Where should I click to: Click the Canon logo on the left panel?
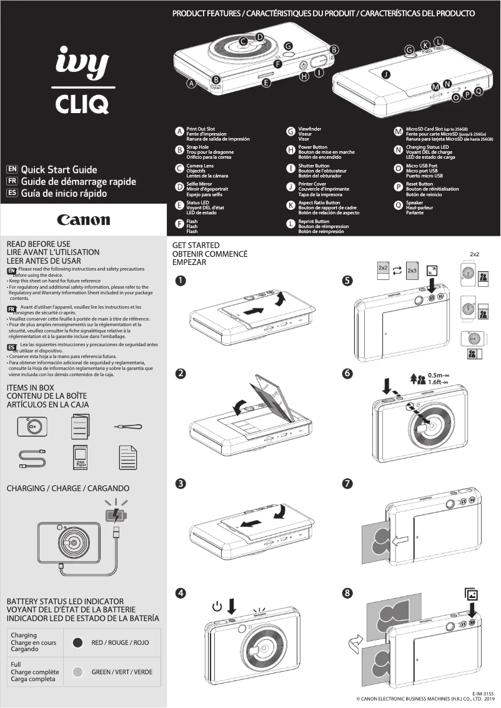[83, 220]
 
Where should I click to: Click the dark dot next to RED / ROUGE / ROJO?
[78, 642]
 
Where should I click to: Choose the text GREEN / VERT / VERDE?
[122, 672]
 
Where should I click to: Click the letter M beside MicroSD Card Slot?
[398, 132]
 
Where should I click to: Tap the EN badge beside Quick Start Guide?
[11, 169]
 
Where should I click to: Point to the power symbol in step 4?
[217, 606]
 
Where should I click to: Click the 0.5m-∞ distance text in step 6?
[439, 375]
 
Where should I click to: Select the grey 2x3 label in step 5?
[412, 271]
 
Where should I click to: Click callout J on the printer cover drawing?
[385, 74]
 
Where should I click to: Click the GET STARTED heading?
[196, 246]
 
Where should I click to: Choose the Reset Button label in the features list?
[419, 184]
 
